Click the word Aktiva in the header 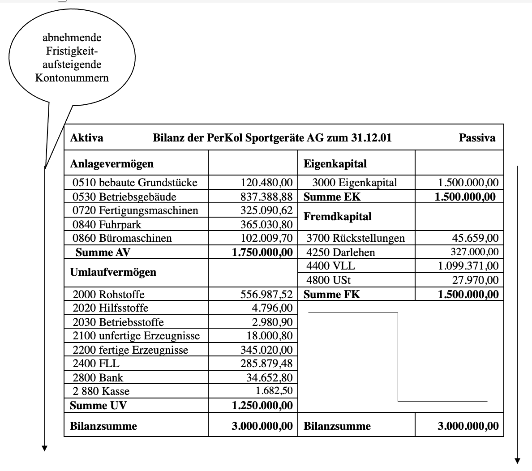click(86, 137)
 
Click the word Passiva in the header click(477, 137)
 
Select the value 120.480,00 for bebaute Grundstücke click(266, 183)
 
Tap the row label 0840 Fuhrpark click(107, 224)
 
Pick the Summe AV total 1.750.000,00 click(262, 253)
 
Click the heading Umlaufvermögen click(113, 272)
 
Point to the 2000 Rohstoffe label click(108, 295)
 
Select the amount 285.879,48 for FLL click(266, 364)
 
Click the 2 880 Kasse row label click(101, 391)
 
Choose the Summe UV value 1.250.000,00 click(262, 406)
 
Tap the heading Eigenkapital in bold click(335, 164)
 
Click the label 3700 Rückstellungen click(356, 238)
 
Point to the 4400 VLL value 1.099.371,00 click(468, 266)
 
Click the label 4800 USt click(328, 280)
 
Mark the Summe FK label click(332, 295)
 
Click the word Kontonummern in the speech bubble click(72, 78)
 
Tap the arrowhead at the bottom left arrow click(44, 448)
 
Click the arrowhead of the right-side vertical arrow click(518, 461)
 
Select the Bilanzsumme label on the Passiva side click(337, 426)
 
